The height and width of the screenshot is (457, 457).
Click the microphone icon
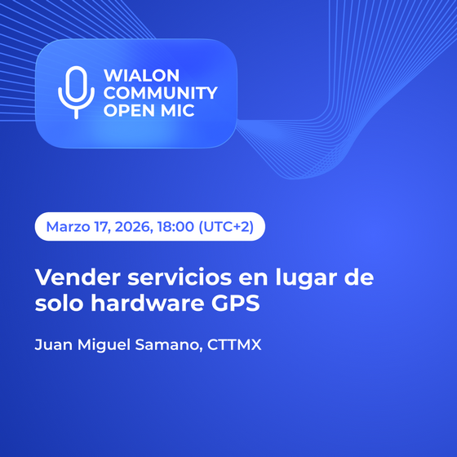tap(76, 93)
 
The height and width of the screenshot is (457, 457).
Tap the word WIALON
tap(142, 75)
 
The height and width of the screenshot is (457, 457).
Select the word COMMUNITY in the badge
tap(161, 93)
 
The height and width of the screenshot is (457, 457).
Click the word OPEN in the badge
tap(128, 110)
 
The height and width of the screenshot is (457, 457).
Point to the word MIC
tap(178, 110)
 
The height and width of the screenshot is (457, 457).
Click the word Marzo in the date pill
tap(68, 227)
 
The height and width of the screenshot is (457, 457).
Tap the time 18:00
tap(175, 227)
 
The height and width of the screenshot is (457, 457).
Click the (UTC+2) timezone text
tap(226, 227)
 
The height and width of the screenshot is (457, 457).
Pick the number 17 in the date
tap(102, 227)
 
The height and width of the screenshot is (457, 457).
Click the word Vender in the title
tap(78, 277)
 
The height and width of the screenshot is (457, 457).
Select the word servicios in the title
tap(180, 277)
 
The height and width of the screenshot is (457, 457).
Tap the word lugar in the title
tap(306, 278)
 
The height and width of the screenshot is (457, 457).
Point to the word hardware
tap(147, 303)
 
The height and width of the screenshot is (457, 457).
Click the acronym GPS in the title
tap(236, 303)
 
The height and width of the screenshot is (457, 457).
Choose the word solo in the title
tap(59, 303)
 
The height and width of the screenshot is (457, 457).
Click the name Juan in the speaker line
tap(54, 344)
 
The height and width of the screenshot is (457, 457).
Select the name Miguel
tap(104, 345)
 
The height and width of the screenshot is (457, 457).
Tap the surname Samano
tap(169, 344)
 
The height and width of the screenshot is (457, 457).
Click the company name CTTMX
tap(234, 344)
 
